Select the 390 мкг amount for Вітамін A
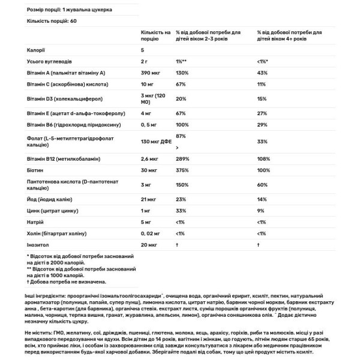pyautogui.click(x=152, y=72)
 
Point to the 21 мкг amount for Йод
pyautogui.click(x=149, y=198)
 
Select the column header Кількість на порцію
pyautogui.click(x=155, y=34)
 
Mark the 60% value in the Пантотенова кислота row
pyautogui.click(x=261, y=186)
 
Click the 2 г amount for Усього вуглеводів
pyautogui.click(x=145, y=61)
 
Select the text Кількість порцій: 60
pyautogui.click(x=52, y=20)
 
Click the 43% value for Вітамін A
pyautogui.click(x=261, y=72)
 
